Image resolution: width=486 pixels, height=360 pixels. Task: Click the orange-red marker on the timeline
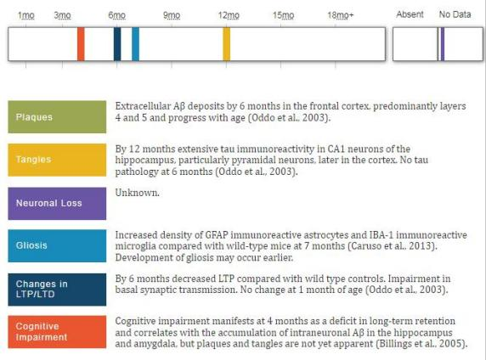coord(81,44)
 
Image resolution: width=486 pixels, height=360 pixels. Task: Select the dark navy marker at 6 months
coord(117,44)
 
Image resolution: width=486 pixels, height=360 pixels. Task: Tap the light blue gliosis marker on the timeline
coord(135,44)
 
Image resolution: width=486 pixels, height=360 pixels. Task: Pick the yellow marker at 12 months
coord(227,44)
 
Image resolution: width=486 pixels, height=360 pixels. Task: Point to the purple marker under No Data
coord(443,44)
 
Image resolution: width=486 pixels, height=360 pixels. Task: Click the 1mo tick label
coord(26,15)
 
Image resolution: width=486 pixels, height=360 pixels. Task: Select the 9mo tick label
coord(172,15)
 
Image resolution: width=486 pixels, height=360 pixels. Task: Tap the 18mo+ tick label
coord(341,15)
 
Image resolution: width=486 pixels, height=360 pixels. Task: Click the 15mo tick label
coord(283,15)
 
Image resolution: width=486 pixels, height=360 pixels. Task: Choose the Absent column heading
coord(410,14)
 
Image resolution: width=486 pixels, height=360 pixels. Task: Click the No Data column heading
coord(455,14)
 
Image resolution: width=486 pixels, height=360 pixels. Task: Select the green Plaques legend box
coord(57,117)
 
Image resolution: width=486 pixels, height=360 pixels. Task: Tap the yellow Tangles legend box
coord(57,160)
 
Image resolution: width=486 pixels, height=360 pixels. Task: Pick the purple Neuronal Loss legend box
coord(57,203)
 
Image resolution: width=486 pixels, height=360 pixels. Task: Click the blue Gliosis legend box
coord(57,246)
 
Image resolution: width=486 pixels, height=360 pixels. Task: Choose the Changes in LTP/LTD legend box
coord(57,290)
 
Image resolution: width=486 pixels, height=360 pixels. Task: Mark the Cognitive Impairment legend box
coord(57,332)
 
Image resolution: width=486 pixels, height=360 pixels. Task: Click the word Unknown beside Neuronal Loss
coord(137,193)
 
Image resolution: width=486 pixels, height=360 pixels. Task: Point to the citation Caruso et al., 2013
coord(392,246)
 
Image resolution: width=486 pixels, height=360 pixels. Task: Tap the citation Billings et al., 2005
coord(421,344)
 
